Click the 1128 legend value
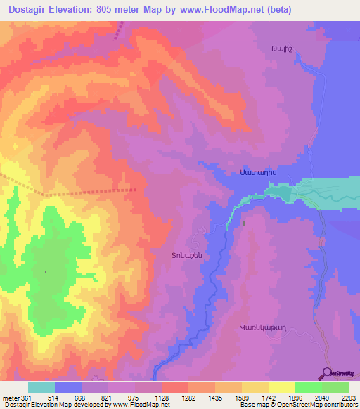[161, 398]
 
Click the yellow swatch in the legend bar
[281, 388]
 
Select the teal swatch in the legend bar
[41, 388]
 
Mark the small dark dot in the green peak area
[46, 271]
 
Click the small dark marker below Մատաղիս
[243, 223]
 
